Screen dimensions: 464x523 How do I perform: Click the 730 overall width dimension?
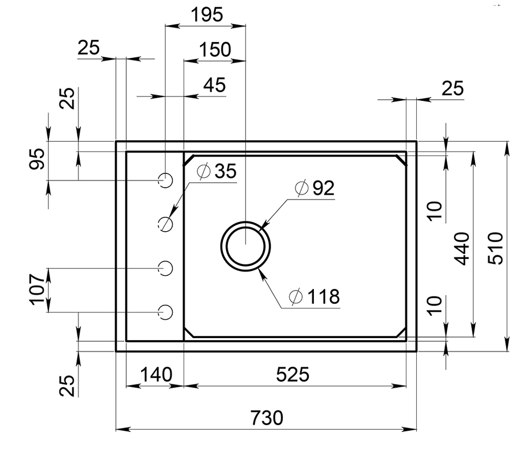click(267, 418)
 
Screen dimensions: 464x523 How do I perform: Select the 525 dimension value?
click(293, 375)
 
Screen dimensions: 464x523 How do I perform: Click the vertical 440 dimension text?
click(462, 248)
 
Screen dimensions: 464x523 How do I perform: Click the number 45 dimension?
click(214, 85)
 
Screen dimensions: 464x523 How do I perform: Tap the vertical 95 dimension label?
click(37, 159)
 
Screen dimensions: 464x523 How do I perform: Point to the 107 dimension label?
click(37, 289)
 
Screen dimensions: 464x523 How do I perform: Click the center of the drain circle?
click(246, 244)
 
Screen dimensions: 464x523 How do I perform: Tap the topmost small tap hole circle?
click(165, 179)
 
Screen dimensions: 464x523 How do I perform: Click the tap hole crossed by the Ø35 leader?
click(165, 224)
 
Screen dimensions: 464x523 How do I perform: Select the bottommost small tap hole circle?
click(165, 311)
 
